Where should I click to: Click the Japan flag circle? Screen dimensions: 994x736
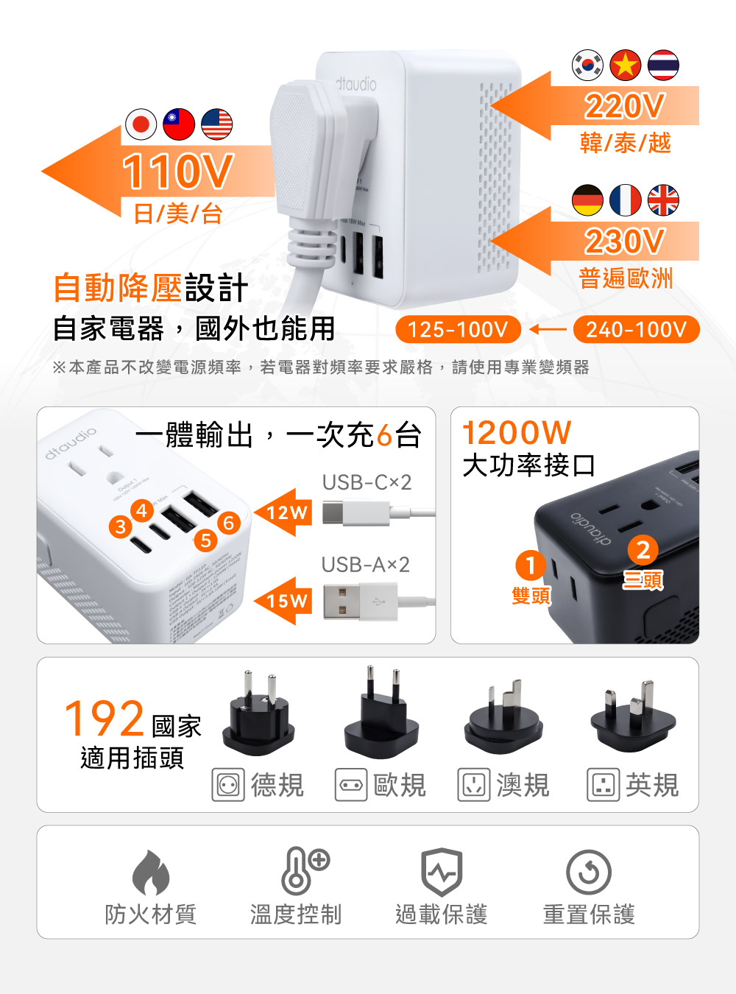[x=141, y=124]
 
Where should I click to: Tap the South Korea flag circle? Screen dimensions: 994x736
[x=587, y=65]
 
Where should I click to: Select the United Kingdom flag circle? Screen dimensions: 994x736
[x=663, y=200]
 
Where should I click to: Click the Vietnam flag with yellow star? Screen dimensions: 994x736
[x=626, y=65]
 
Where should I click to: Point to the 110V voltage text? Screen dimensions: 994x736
[x=177, y=171]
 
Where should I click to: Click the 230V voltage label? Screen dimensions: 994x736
[x=624, y=242]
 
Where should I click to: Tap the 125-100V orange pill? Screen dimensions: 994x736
[x=458, y=329]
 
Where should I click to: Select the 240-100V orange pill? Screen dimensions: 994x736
[x=636, y=329]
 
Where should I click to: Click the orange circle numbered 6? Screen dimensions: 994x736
[x=229, y=523]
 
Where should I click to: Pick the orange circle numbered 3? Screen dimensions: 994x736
[x=121, y=526]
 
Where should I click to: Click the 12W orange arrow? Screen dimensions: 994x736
[x=282, y=512]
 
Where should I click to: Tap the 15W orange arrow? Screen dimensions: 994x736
[x=282, y=601]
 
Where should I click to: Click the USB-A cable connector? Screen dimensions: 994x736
[x=359, y=600]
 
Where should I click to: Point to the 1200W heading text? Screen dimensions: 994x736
[x=517, y=433]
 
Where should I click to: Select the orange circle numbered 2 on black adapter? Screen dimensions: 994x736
[x=643, y=549]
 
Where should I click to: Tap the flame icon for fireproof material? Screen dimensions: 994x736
[x=151, y=872]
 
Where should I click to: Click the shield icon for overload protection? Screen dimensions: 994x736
[x=441, y=872]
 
